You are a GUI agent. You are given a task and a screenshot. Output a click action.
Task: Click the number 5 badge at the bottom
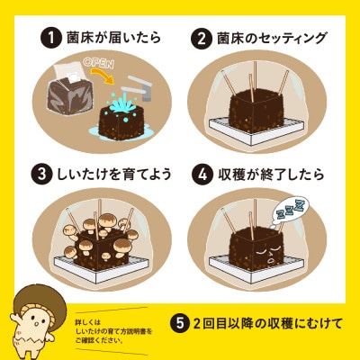point(180,322)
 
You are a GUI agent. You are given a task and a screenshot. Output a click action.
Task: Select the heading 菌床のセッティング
point(267,38)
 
